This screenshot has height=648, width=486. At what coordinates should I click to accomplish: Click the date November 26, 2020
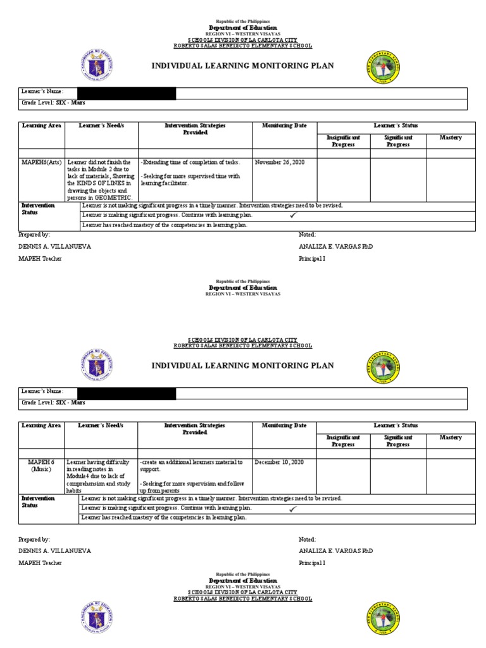point(280,163)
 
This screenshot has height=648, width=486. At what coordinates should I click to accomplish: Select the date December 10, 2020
point(280,463)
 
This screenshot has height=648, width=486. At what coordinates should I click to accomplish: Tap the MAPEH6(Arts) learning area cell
point(41,163)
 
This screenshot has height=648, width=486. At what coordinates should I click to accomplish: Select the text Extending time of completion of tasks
point(190,163)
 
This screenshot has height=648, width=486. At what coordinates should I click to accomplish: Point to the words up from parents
point(160,490)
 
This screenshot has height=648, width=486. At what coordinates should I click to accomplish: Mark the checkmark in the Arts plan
point(293,215)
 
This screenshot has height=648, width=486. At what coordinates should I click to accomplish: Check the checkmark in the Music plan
point(293,508)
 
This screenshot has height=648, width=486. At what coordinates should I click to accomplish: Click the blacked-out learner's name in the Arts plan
point(126,93)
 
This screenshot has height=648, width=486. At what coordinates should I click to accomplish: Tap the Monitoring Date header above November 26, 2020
point(284,126)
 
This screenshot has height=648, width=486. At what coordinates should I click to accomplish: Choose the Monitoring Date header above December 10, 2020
point(284,426)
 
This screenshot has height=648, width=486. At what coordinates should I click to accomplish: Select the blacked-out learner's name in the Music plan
point(126,393)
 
